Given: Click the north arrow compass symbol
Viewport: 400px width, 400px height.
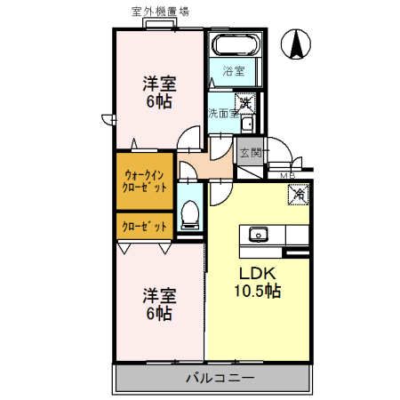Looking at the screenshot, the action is coord(296,44).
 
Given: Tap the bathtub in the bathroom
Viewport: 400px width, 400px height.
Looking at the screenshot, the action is coord(235,44).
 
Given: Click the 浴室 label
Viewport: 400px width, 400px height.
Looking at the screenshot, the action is coord(234,71).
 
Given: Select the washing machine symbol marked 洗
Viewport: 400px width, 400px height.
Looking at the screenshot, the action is coord(245,103).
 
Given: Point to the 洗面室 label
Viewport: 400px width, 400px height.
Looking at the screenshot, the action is coord(223,113).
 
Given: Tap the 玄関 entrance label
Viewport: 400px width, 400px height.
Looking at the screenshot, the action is coord(251,153).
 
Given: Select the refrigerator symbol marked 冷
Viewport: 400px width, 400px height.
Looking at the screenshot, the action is coord(299,195).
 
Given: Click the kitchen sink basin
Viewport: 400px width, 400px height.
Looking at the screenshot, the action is coord(259,234).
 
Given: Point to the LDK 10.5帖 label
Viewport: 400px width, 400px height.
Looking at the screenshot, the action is coord(258,283).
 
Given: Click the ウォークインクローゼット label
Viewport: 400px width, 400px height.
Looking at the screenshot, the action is coord(144,181).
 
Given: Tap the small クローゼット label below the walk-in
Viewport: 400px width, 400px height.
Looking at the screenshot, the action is coord(144,227).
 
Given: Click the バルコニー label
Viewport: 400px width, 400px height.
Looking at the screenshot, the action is coord(220,378).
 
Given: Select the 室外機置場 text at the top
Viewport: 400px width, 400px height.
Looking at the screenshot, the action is coord(160,12).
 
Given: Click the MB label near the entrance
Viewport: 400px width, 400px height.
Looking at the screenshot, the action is coord(287,176).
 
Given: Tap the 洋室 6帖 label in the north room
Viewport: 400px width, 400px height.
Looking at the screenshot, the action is coord(159,92).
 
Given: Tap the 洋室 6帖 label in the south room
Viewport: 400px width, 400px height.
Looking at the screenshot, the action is coord(159,304).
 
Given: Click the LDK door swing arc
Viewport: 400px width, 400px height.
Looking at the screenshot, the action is coord(225,198).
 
